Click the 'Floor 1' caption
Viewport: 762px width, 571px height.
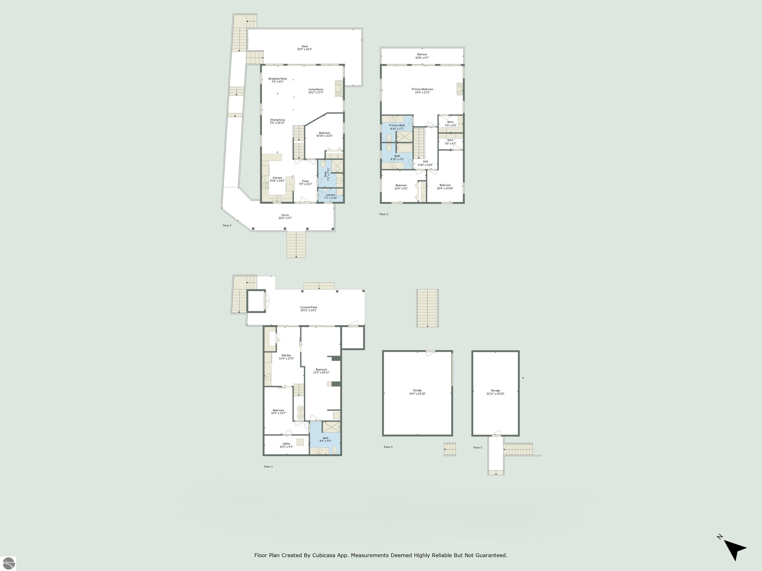pyautogui.click(x=268, y=467)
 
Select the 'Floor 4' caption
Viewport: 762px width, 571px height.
pyautogui.click(x=388, y=447)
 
